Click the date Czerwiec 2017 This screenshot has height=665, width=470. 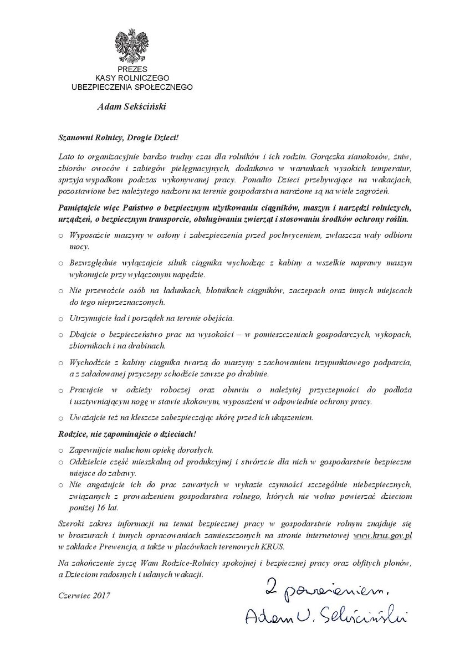(84, 595)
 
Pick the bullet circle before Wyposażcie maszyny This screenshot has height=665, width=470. (61, 236)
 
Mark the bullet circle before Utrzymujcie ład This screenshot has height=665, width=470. (61, 320)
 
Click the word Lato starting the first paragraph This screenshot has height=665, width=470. (66, 156)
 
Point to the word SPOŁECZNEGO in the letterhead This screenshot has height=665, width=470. (165, 86)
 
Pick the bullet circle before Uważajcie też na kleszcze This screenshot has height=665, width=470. (61, 417)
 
